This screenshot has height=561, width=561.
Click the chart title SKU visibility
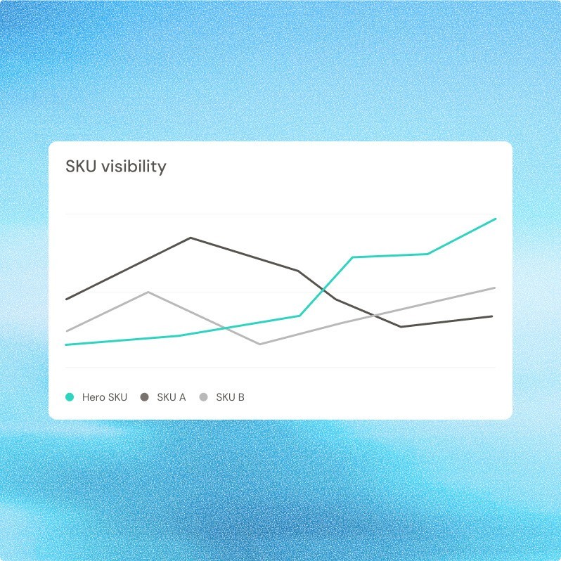(116, 167)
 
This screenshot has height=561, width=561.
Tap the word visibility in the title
(134, 167)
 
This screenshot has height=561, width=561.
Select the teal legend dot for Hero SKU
(70, 397)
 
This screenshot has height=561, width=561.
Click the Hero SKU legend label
(105, 397)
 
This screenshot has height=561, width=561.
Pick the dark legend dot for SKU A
(145, 397)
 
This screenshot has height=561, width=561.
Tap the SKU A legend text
(172, 397)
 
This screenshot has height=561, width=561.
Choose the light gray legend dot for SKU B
(204, 397)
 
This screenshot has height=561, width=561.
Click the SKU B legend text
(230, 397)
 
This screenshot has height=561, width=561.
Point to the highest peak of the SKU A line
(191, 238)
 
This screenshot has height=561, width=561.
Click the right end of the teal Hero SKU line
(496, 219)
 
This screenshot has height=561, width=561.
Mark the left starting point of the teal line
(65, 344)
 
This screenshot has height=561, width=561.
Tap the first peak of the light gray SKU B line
(148, 292)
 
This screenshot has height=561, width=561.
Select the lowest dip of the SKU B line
(259, 344)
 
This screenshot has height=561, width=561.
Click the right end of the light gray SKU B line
(496, 288)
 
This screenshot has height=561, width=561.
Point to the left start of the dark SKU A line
(66, 299)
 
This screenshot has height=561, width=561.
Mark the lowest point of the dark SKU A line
(401, 327)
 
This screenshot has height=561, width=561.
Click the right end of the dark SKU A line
(492, 316)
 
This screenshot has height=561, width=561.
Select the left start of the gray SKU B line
(66, 331)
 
